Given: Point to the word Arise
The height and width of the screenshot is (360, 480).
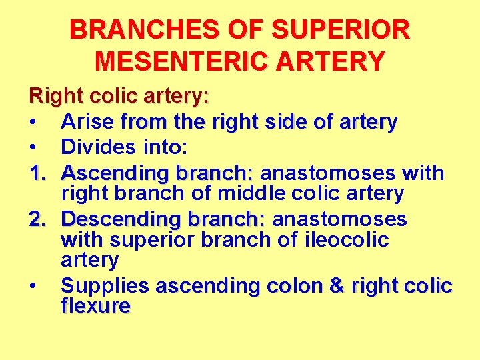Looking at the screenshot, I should coord(88,123).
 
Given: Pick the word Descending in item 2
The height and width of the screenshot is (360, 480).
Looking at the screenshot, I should coord(124,219).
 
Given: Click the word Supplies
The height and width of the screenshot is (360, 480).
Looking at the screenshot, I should coord(105,287).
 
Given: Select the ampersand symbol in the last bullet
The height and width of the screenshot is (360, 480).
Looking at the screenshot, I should coord(337,287).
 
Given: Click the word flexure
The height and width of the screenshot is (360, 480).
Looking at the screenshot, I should coord(95,307).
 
